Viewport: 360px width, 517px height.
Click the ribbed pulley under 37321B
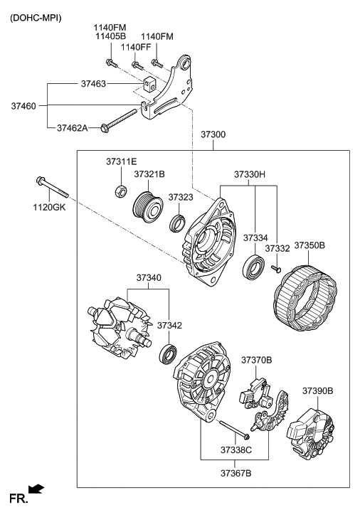(149, 206)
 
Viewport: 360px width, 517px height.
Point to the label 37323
(181, 196)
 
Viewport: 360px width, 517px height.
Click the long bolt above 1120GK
(51, 187)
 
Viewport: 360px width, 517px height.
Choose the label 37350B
(309, 245)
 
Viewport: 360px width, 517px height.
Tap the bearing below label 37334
(253, 268)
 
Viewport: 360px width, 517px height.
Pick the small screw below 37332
(275, 270)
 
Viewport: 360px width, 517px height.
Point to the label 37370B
(256, 361)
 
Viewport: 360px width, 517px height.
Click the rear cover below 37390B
(309, 425)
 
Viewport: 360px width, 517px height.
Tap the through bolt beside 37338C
(233, 429)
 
